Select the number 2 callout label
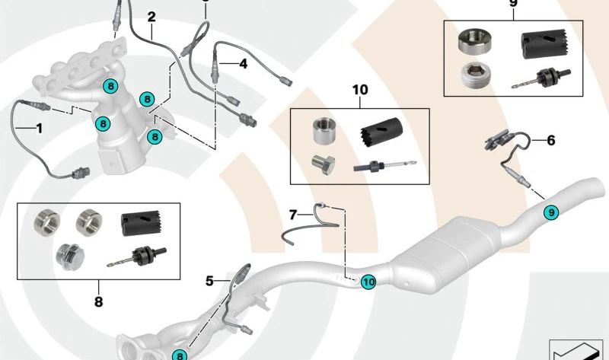click(x=151, y=16)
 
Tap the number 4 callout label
click(x=244, y=65)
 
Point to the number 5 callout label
click(x=209, y=281)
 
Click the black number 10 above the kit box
click(x=359, y=90)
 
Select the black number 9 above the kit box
click(x=512, y=4)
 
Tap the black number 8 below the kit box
click(x=98, y=301)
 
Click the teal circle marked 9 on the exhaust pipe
click(x=550, y=214)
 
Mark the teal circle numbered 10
click(x=368, y=282)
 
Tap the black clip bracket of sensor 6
click(x=497, y=140)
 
